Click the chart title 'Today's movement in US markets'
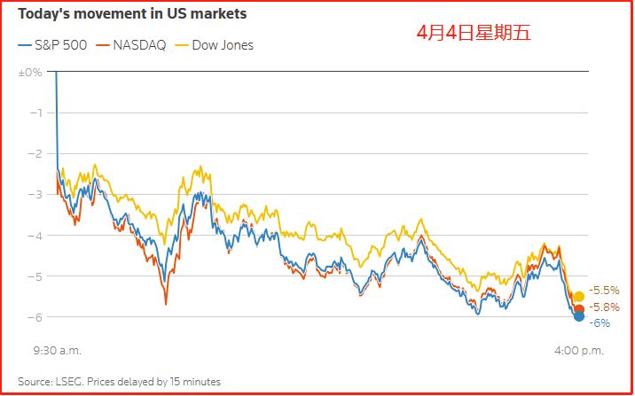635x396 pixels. (132, 15)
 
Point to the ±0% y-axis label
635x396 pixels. (30, 71)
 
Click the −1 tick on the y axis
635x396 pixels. (36, 113)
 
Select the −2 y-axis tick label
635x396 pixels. (35, 153)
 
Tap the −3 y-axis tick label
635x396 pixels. (35, 194)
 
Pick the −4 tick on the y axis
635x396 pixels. (35, 235)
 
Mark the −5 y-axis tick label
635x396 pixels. (35, 276)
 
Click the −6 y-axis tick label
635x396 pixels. (35, 317)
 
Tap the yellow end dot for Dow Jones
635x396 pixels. (579, 296)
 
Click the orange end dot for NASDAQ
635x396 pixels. (579, 308)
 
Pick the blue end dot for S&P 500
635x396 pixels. (579, 316)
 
